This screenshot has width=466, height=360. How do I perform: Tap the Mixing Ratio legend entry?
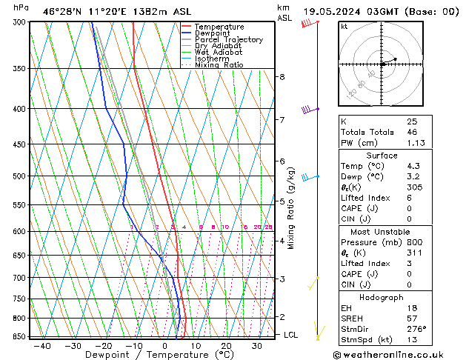coord(219,65)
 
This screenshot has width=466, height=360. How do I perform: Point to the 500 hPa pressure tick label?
coord(21,176)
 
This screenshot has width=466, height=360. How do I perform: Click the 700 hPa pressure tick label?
coord(21,278)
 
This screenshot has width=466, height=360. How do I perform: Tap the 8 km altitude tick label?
coord(282,77)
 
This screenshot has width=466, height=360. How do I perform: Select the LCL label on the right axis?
coord(291,335)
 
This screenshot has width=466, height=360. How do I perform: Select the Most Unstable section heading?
coord(382,232)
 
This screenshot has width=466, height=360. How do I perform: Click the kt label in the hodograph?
coord(344,26)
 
